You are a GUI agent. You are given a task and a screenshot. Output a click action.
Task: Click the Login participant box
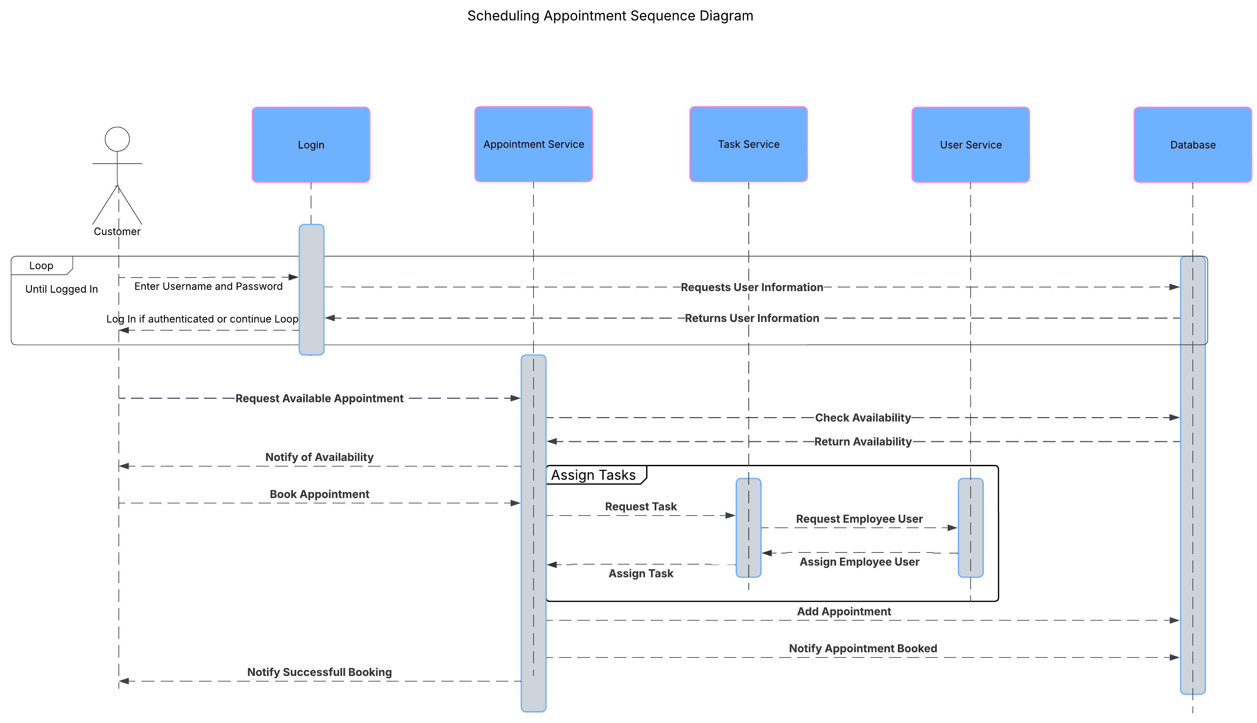point(311,145)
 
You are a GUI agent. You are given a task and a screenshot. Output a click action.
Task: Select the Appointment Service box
point(533,144)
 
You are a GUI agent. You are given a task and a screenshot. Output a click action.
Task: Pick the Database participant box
point(1192,145)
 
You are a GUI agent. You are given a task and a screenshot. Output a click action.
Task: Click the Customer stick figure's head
point(117,139)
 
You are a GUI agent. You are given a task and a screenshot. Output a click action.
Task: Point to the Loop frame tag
point(41,266)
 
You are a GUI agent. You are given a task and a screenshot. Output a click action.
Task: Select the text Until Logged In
point(62,289)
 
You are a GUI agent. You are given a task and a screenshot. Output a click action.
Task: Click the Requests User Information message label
point(752,287)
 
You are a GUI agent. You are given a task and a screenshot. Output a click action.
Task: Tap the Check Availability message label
point(863,417)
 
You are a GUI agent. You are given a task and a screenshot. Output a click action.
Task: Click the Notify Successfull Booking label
point(319,672)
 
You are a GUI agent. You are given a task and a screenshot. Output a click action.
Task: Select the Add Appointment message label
point(844,611)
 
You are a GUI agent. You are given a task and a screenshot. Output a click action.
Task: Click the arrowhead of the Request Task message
point(730,516)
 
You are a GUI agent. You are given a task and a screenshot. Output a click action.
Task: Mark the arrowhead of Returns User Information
point(330,318)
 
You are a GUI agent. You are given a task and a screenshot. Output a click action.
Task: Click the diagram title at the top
point(610,16)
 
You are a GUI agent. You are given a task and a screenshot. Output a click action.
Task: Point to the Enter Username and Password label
point(208,286)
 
